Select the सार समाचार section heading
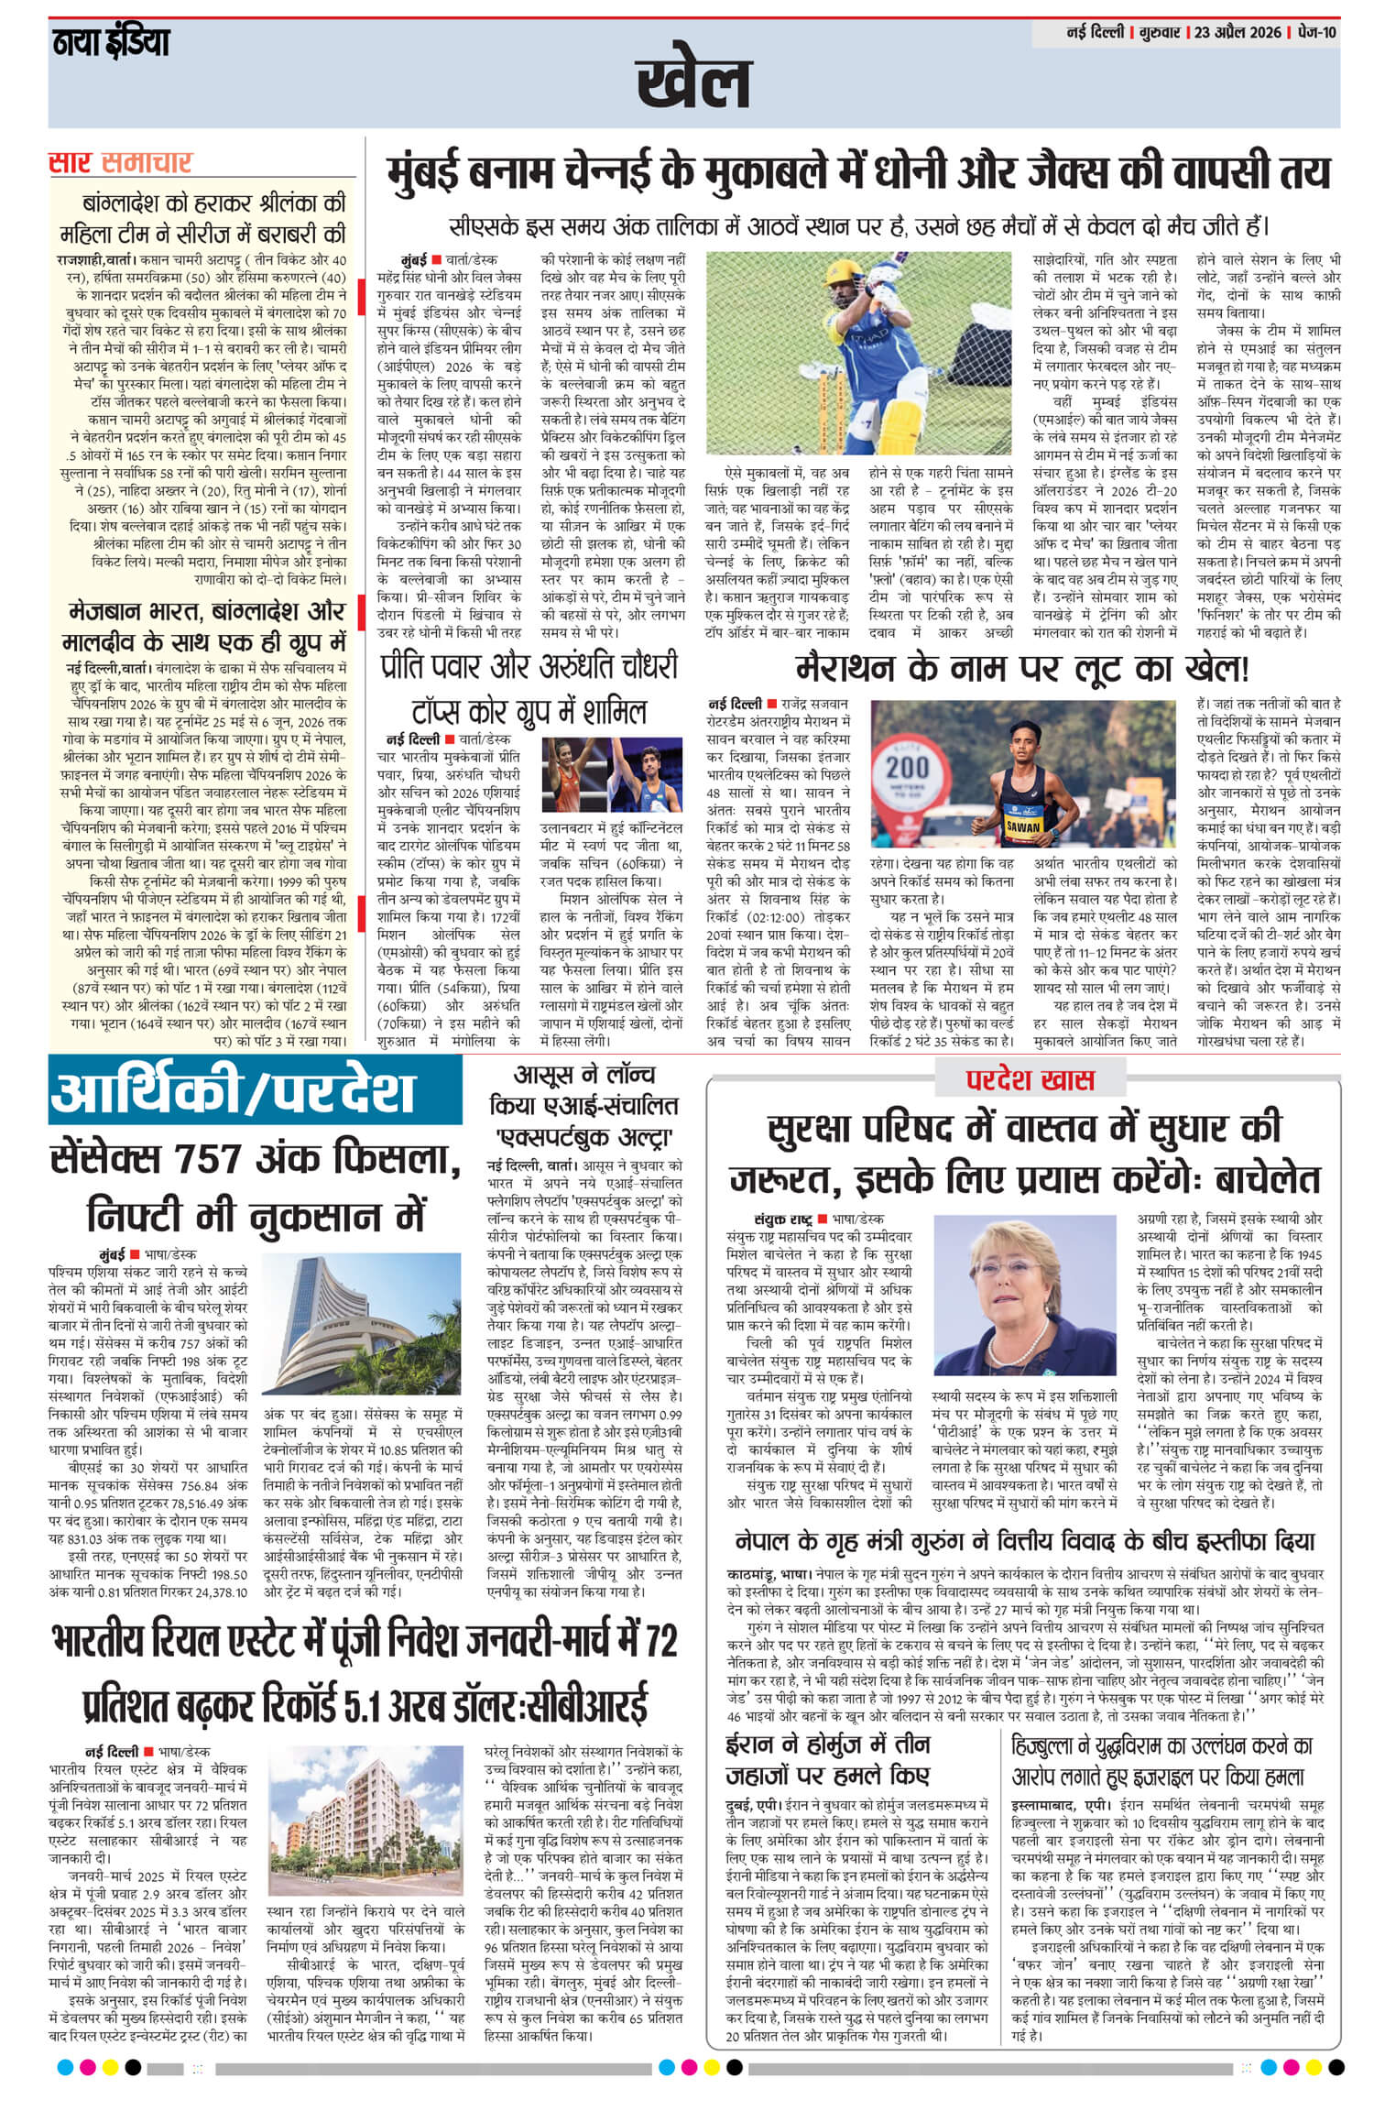pyautogui.click(x=120, y=163)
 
